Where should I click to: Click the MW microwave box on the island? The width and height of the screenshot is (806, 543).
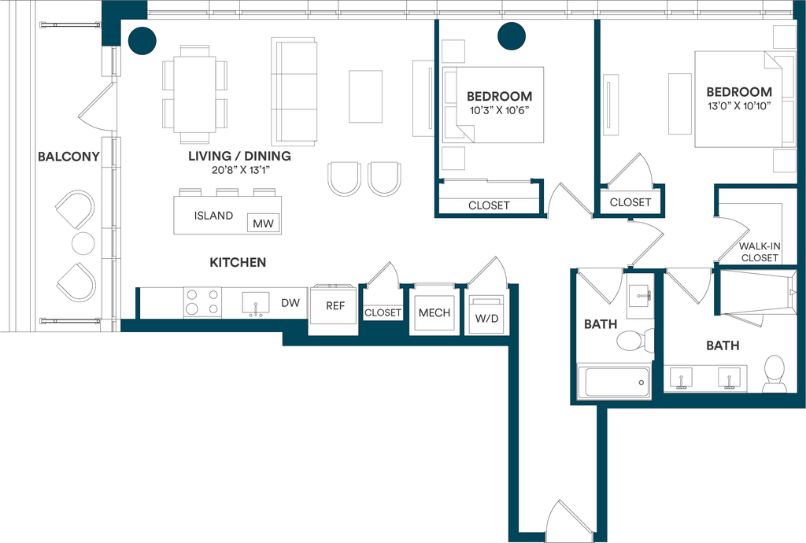[x=263, y=223]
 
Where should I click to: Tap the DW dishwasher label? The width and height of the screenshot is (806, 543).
[x=290, y=303]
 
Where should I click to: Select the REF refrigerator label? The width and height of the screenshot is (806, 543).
[x=335, y=305]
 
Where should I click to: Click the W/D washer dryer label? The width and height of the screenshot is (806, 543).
[x=486, y=319]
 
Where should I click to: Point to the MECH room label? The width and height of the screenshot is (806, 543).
[x=434, y=313]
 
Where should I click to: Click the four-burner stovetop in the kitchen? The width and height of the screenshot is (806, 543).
[x=202, y=302]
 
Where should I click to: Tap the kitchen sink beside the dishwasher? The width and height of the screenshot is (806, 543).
[x=256, y=304]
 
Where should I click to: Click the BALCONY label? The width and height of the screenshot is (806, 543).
[x=69, y=157]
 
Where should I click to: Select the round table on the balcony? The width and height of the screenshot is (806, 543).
[x=83, y=243]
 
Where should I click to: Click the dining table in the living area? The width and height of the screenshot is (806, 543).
[x=195, y=94]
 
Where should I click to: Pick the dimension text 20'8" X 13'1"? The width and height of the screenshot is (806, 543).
[x=241, y=170]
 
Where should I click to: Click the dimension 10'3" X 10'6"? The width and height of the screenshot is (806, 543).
[x=500, y=110]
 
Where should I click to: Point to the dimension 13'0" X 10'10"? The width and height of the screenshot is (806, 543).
[x=738, y=106]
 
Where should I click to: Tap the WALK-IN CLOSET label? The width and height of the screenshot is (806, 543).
[x=760, y=252]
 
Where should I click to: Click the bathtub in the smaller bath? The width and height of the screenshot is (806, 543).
[x=614, y=382]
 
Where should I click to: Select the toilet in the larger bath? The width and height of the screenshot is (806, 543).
[x=775, y=374]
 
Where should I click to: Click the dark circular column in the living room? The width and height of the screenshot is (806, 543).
[x=142, y=41]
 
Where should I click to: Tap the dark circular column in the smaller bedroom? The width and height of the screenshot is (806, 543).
[x=512, y=36]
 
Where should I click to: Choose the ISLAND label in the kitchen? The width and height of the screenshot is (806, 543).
[x=213, y=216]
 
